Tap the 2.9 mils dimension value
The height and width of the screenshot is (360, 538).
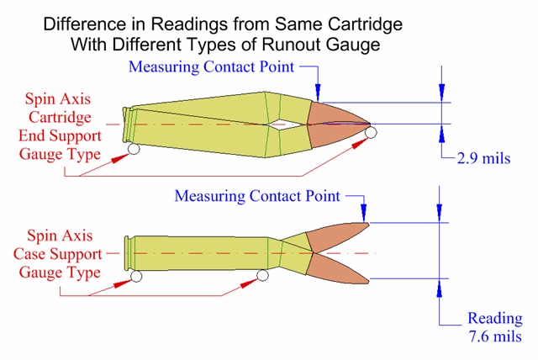482,159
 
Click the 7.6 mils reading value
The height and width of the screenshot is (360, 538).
494,336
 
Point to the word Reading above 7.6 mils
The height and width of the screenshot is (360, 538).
495,319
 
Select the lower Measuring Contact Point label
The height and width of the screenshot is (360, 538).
257,196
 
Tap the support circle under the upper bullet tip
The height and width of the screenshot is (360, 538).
371,132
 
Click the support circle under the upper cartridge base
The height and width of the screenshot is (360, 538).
132,150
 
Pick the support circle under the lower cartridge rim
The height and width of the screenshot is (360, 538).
136,276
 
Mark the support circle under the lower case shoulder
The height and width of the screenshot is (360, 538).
263,276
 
